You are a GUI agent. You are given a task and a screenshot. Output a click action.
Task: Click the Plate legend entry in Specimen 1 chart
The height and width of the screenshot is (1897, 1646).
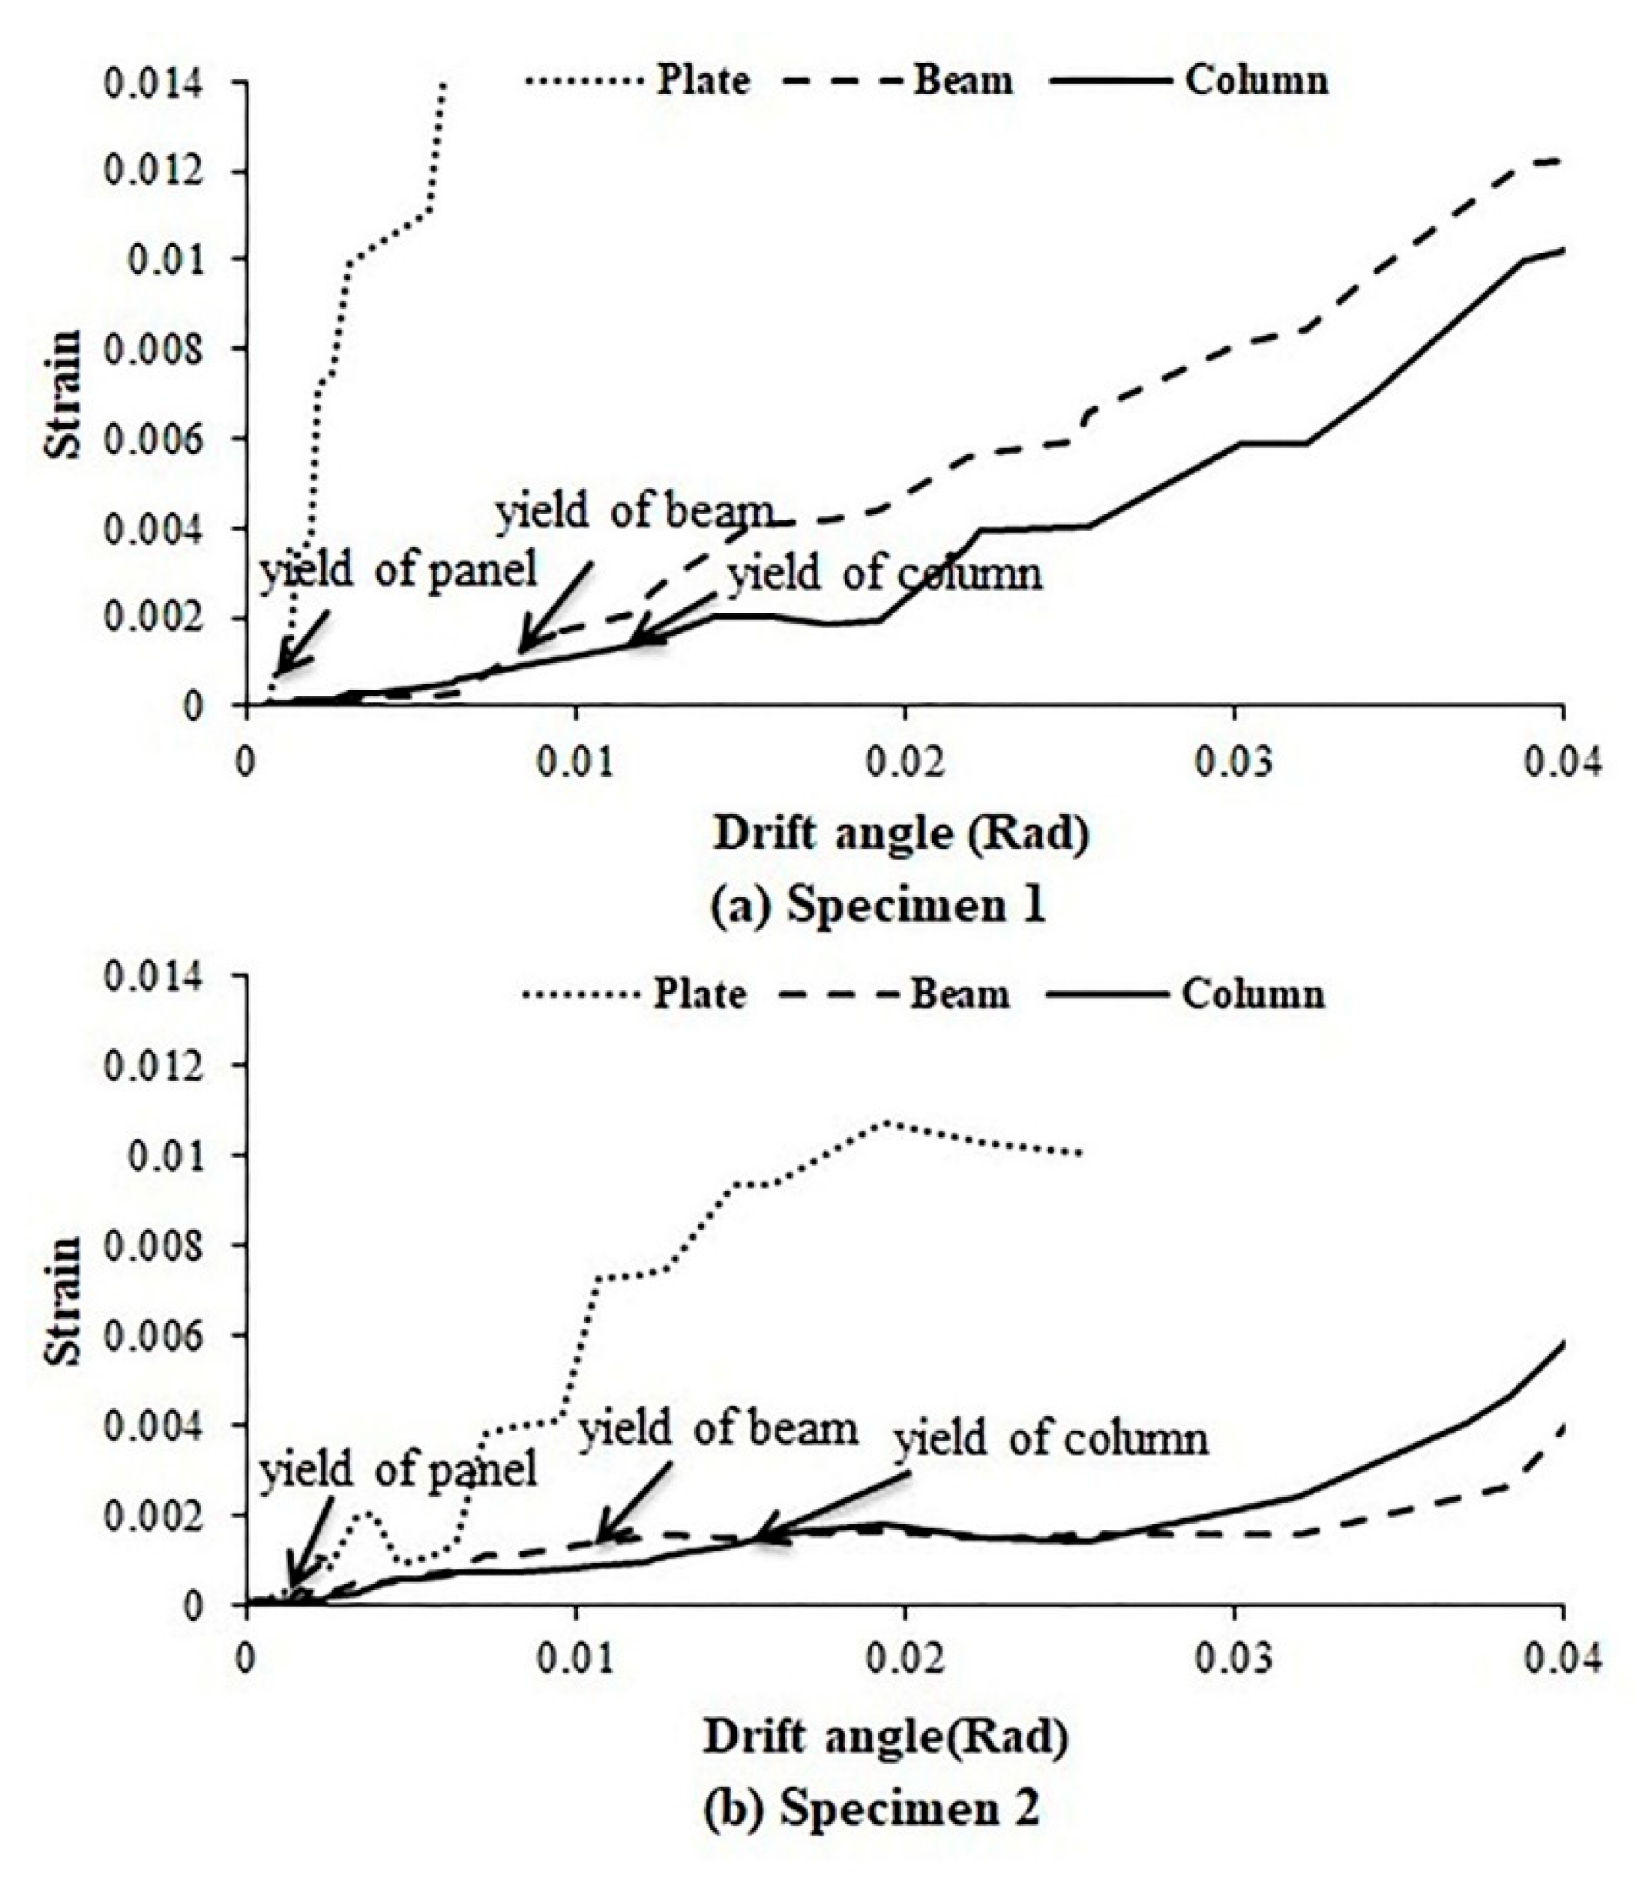(702, 81)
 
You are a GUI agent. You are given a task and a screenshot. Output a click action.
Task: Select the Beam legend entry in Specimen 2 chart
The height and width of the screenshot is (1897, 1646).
(959, 995)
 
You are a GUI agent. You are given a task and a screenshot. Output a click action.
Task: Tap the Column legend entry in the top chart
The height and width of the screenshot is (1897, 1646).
(1256, 81)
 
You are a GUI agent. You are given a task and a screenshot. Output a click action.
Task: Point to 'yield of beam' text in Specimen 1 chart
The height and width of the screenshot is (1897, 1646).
(634, 512)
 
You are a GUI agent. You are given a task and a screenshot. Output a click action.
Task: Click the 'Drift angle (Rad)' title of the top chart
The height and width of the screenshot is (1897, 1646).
(901, 835)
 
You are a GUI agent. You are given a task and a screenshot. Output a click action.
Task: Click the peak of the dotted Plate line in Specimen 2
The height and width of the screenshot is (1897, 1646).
(887, 1122)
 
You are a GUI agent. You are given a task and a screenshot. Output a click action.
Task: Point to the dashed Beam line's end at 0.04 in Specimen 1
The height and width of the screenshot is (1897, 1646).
(1560, 162)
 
